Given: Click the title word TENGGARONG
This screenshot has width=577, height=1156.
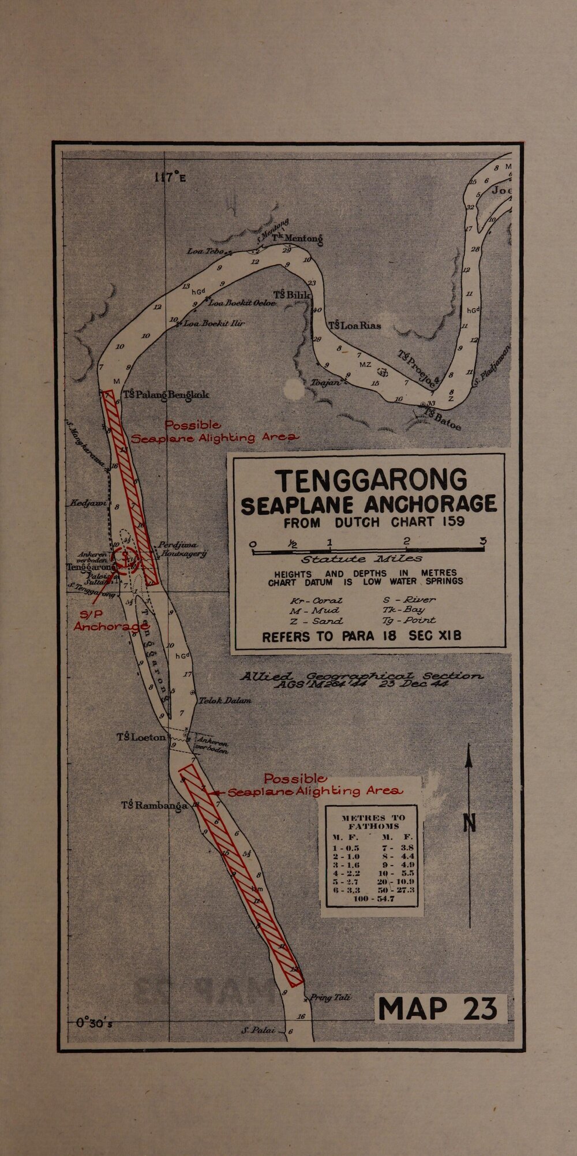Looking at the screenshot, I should tap(370, 480).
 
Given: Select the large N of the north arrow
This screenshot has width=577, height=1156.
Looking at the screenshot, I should tap(470, 822).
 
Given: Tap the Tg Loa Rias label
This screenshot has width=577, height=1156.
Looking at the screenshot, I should tap(354, 326).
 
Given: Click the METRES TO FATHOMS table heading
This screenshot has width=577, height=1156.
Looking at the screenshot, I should tap(373, 821).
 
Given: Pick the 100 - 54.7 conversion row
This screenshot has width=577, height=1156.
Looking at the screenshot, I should tap(373, 899).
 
